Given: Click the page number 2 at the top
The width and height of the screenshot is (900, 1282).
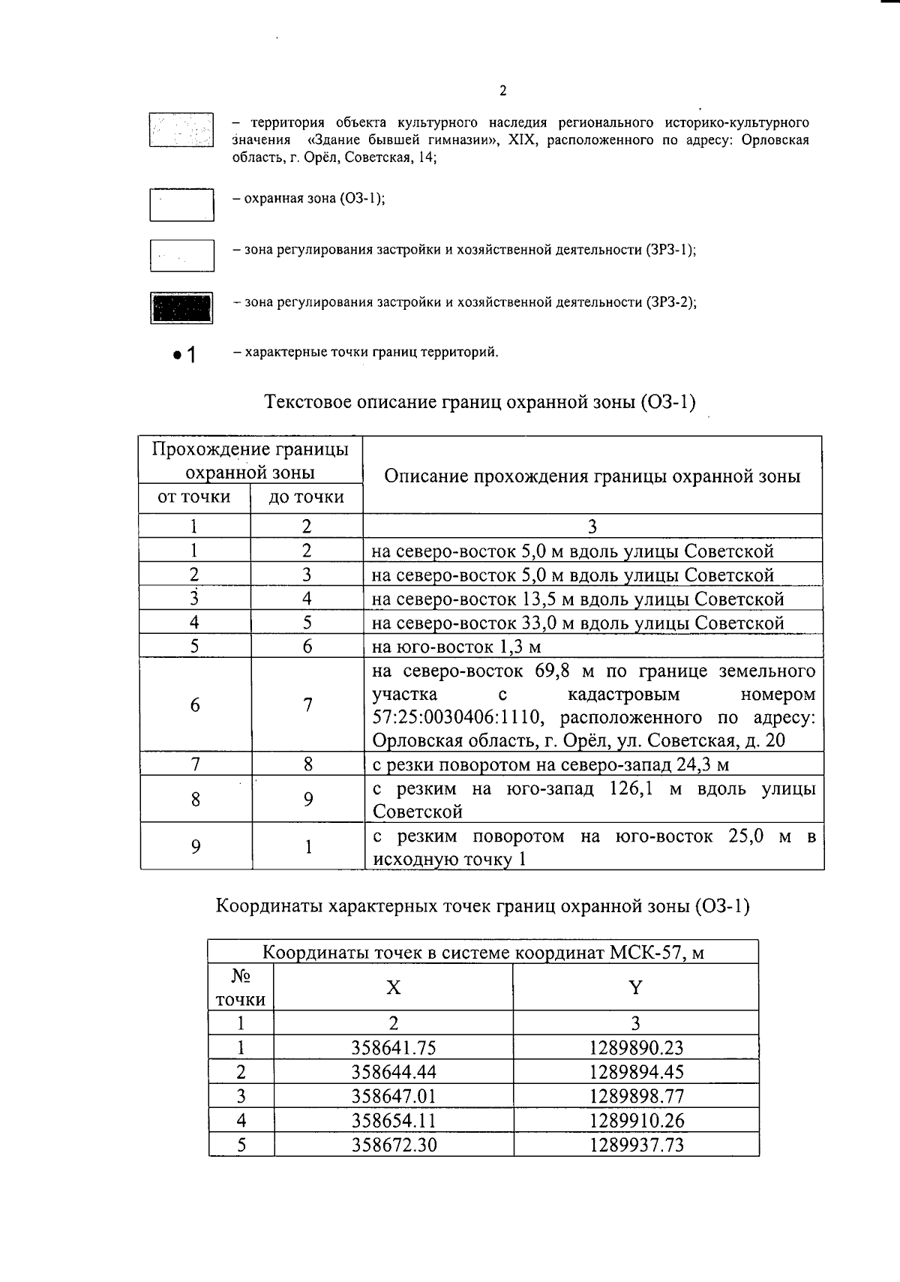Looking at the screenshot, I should [x=502, y=92].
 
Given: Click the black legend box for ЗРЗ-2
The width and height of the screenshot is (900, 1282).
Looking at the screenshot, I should [x=181, y=308].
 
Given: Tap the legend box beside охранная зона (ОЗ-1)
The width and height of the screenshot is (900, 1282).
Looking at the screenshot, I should [x=181, y=205].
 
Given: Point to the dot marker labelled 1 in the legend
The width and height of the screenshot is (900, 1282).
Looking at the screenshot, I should [x=177, y=356].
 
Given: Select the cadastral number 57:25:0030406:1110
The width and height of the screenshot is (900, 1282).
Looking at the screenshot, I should [x=457, y=718].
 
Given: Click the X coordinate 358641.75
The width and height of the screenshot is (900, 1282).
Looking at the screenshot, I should [x=393, y=1048].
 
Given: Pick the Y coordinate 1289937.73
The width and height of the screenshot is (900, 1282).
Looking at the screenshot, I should [x=636, y=1145].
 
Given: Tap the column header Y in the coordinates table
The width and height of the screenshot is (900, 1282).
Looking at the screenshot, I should [x=635, y=987].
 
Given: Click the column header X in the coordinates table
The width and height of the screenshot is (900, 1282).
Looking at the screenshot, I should [x=393, y=987].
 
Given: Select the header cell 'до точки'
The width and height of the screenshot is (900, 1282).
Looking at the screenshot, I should [x=306, y=497].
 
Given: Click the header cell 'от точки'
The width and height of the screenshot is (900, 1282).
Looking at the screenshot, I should [x=194, y=497].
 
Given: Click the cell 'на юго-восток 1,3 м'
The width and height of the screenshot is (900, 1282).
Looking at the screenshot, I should [x=456, y=647].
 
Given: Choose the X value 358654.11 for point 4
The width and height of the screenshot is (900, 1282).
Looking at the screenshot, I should [x=393, y=1121].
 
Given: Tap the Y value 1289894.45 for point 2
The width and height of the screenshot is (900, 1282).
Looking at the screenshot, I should [x=636, y=1072].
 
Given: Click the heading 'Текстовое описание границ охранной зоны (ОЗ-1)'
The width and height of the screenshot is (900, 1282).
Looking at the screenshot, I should [x=480, y=403].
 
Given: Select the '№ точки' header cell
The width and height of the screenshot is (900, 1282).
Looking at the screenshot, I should [x=240, y=987].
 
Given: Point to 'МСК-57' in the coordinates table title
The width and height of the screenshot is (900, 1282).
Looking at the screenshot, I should [x=644, y=953].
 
